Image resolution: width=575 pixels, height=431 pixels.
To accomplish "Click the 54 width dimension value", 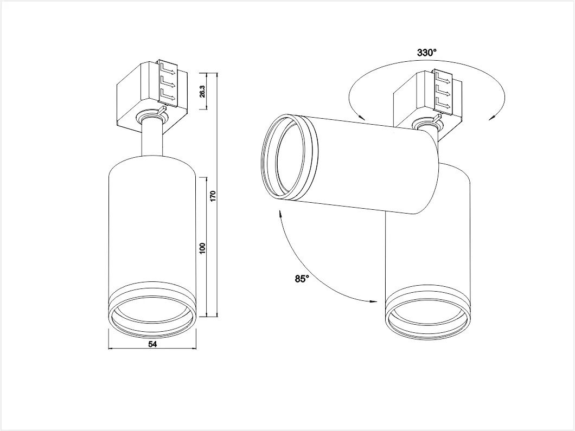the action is click(x=152, y=344).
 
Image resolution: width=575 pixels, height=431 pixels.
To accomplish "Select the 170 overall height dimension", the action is click(x=213, y=196).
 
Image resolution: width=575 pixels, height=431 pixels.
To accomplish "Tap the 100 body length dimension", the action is click(x=202, y=248).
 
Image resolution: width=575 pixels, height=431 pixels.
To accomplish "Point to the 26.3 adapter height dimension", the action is click(x=202, y=91).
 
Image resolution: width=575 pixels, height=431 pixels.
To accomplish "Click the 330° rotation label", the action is click(x=427, y=53).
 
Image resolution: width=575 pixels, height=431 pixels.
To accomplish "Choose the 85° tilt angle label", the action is click(x=302, y=279).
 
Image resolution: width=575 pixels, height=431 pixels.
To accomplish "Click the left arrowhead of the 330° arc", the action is click(x=362, y=117).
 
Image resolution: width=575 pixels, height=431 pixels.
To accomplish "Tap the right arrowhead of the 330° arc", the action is click(x=493, y=117).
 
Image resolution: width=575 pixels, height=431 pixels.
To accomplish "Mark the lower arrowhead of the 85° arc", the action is click(x=373, y=301).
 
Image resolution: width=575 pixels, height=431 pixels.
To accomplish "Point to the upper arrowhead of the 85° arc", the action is click(x=280, y=214).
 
